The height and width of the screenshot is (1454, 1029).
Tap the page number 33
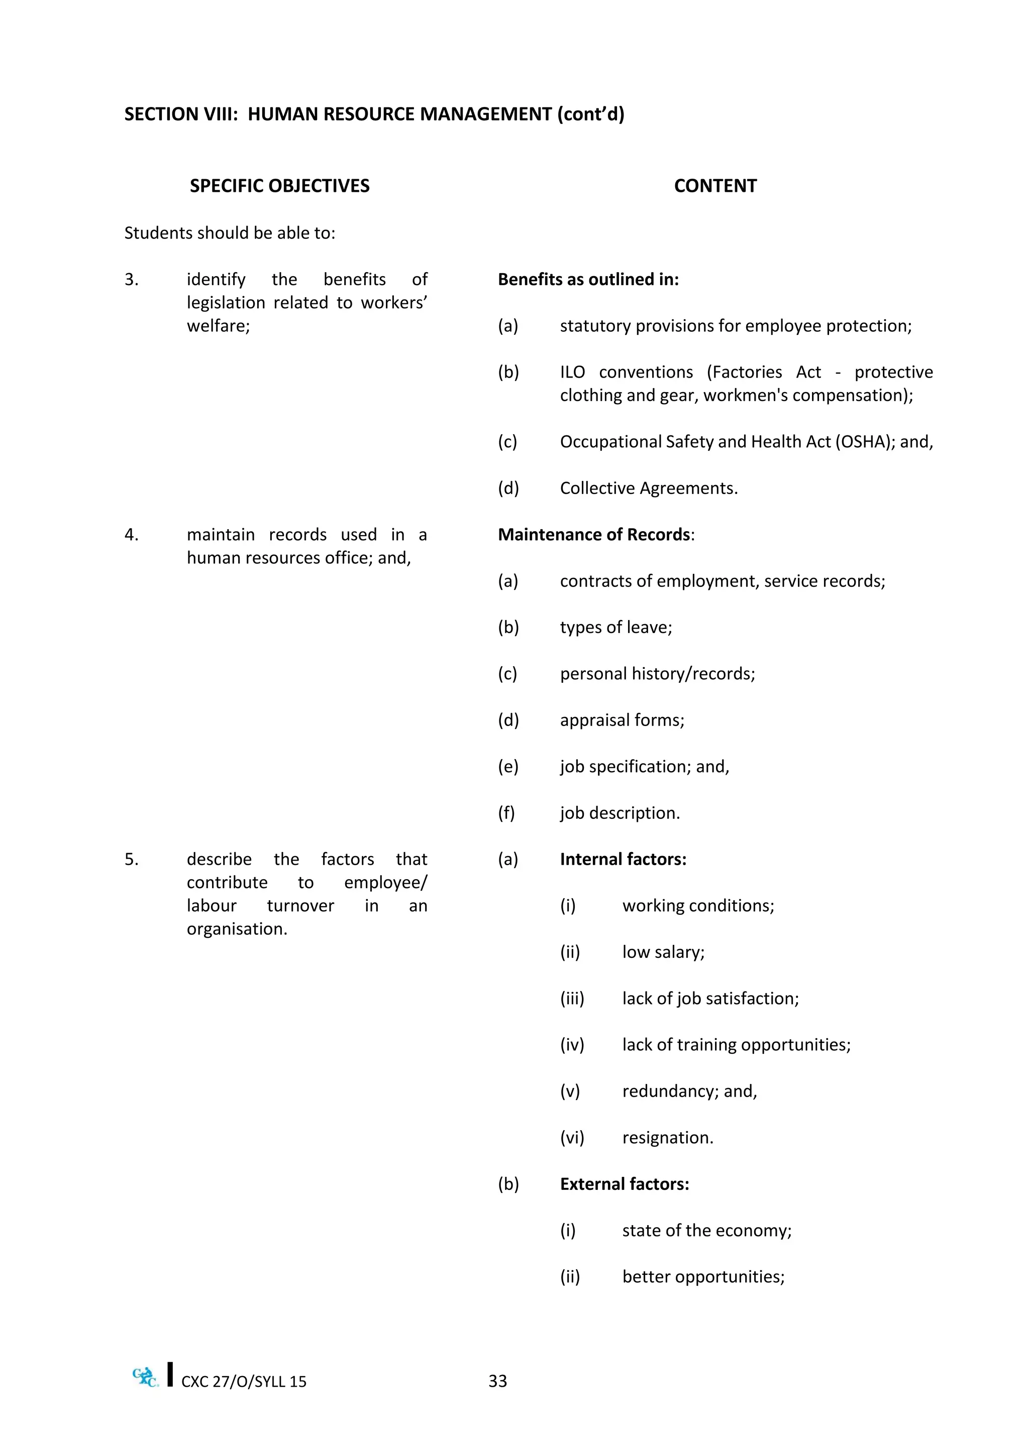coord(497,1381)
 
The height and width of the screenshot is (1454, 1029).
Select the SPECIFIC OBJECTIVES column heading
coord(279,186)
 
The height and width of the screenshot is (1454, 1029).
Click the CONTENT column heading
coord(715,186)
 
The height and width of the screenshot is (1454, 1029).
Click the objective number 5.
coord(131,860)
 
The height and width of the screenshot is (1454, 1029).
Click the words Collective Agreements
coord(648,488)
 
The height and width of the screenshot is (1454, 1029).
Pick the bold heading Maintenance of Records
coord(594,535)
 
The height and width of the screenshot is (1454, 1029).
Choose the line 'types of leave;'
coord(615,627)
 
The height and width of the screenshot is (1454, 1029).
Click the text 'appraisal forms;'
coord(622,720)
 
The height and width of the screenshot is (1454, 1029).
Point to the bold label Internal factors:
coord(623,860)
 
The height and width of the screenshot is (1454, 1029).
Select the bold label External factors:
coord(624,1184)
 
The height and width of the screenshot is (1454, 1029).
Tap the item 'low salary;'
coord(663,952)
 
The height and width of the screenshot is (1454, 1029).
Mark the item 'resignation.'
coord(667,1138)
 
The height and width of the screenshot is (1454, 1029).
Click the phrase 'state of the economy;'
coord(706,1231)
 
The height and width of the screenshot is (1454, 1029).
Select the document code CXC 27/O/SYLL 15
coord(243,1381)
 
